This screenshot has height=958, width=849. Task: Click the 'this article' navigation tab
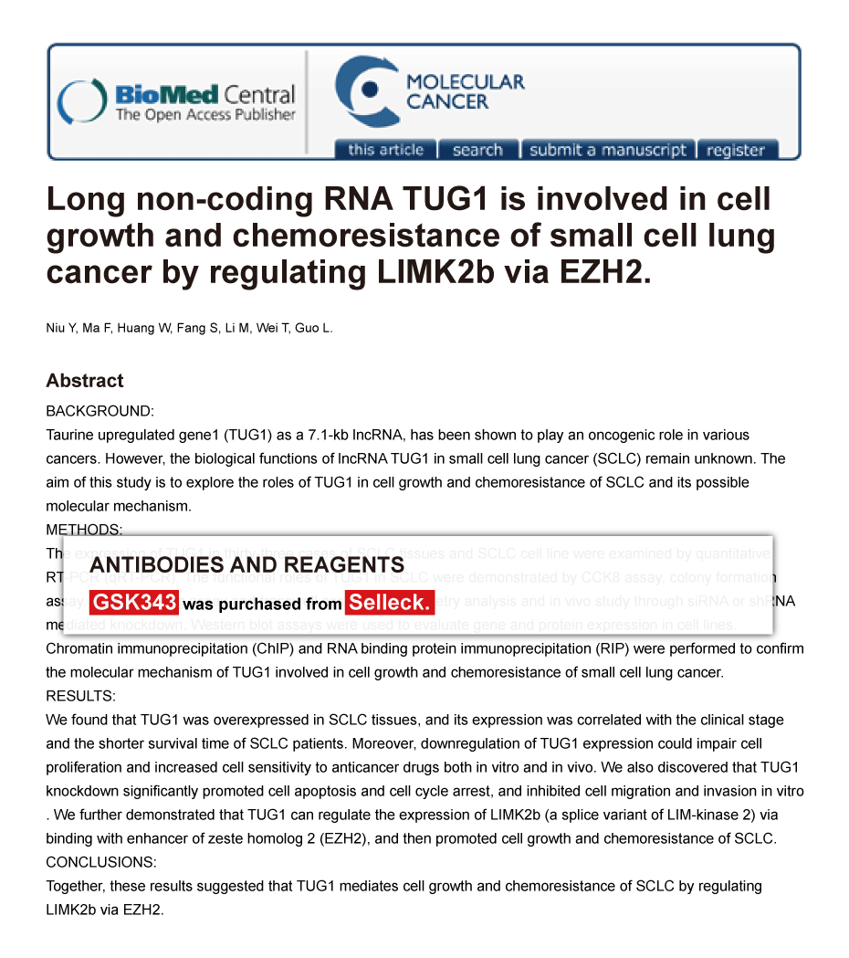click(385, 150)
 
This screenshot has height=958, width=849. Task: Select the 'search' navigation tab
click(477, 150)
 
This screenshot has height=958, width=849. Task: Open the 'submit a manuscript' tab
click(608, 150)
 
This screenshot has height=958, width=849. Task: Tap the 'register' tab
click(736, 150)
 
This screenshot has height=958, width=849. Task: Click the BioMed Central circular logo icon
click(81, 102)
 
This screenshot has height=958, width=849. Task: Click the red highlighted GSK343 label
click(133, 603)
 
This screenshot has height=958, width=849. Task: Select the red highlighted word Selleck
click(389, 603)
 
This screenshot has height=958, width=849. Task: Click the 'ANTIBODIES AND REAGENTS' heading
click(246, 565)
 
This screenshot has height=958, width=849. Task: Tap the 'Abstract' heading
click(85, 381)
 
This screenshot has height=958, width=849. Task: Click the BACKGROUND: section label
click(100, 411)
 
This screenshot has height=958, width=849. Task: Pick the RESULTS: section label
click(80, 696)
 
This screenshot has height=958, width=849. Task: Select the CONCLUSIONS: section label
click(101, 862)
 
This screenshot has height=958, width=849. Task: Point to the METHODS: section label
click(84, 530)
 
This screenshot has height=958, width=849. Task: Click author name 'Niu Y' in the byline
click(60, 328)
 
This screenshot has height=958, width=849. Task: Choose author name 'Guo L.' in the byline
click(313, 328)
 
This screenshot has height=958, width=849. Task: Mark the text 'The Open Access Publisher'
click(205, 115)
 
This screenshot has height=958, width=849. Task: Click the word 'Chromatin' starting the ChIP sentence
click(79, 648)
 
